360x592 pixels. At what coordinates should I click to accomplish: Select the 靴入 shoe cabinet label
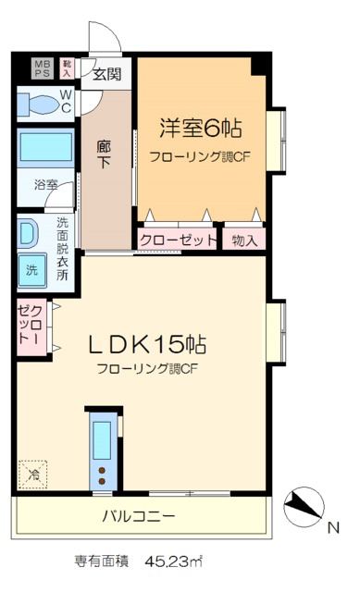pos(68,68)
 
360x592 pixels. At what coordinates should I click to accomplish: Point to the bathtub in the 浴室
pos(46,148)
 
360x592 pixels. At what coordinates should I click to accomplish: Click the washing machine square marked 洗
pos(32,270)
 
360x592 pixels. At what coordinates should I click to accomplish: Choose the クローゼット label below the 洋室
pos(179,240)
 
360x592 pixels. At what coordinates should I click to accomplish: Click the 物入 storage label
pos(245,240)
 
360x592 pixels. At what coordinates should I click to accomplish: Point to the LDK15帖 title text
pos(147,344)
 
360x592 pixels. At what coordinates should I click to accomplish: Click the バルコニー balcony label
pos(139,516)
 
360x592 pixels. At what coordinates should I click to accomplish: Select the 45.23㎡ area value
pos(174,561)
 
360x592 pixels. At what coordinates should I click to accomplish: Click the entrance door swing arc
pos(106,39)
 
